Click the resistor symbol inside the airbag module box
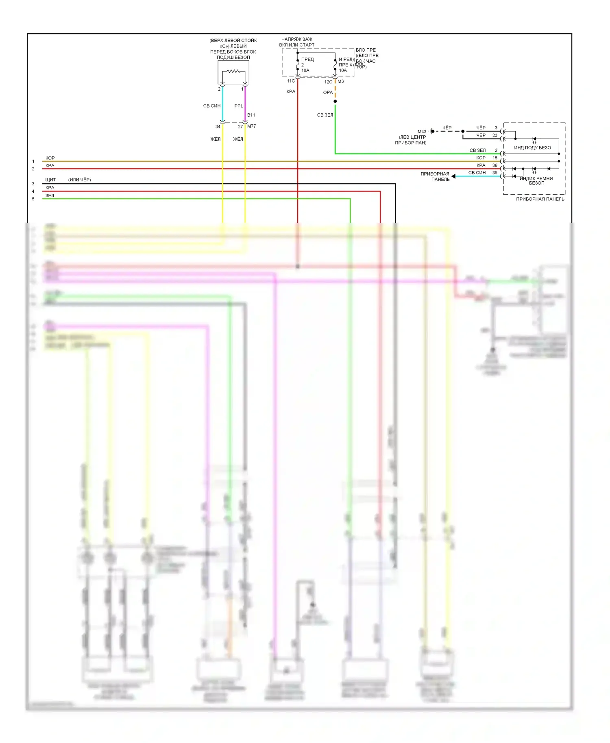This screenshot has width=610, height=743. click(233, 72)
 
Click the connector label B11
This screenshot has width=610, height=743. click(251, 115)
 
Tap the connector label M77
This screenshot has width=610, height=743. click(252, 126)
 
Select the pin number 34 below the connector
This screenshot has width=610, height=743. click(218, 127)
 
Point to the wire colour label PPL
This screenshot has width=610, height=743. click(239, 106)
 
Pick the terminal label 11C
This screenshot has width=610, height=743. click(291, 81)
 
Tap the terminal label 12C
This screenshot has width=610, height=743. click(328, 82)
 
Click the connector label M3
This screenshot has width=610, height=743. click(341, 81)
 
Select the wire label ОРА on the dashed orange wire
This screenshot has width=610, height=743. click(328, 92)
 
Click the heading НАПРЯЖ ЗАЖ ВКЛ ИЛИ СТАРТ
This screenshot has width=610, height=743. click(297, 42)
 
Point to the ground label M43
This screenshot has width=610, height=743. click(422, 132)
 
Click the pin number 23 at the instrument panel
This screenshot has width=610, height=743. click(495, 135)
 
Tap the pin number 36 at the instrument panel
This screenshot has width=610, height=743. click(495, 165)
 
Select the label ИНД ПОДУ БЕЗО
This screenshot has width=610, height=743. click(532, 148)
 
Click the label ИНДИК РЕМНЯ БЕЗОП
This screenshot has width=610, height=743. click(536, 181)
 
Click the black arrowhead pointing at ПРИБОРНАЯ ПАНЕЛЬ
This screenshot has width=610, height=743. click(453, 176)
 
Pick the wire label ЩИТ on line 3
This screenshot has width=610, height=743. click(50, 180)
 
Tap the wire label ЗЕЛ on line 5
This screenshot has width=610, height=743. click(50, 196)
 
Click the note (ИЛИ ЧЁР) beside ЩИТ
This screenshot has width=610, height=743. click(80, 180)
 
